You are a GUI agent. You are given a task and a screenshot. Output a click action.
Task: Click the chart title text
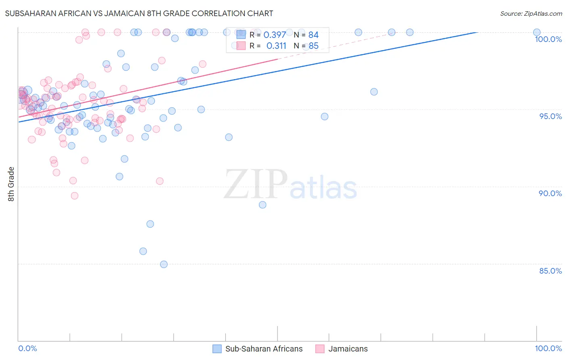pos(139,13)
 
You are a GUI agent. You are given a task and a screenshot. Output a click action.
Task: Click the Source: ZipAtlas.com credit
pos(531,14)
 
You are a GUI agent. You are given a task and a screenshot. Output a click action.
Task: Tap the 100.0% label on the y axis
pos(548,39)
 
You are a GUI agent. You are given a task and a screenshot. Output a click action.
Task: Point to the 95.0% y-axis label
pos(550,116)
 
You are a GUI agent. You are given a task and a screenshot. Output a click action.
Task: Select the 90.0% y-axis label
pos(550,193)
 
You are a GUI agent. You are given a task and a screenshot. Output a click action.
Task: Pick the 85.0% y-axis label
pos(550,271)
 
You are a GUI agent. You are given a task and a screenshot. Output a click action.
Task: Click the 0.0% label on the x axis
pos(27,348)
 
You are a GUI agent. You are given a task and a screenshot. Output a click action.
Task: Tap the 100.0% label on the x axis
pos(548,348)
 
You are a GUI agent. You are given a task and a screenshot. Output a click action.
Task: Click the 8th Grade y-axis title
pos(11,184)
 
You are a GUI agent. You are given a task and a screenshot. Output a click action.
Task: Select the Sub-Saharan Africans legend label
pos(264,349)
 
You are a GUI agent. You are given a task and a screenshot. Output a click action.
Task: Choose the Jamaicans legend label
pos(348,349)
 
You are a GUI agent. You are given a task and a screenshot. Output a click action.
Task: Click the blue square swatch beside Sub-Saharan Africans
pos(217,349)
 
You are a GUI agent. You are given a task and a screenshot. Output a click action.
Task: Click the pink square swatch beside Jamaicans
pos(320,349)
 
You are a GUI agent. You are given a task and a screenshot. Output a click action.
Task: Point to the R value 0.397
pos(275,35)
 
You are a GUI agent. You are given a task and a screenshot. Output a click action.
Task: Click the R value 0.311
pos(276,46)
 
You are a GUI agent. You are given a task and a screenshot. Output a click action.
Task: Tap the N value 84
pos(313,35)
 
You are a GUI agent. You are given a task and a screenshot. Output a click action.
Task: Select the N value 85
pos(313,46)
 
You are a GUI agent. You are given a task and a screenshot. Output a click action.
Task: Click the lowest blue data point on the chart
pos(164,264)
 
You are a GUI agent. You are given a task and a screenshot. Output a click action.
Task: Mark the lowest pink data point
pos(75,196)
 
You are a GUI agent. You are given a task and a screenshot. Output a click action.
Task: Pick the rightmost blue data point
pos(537,32)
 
